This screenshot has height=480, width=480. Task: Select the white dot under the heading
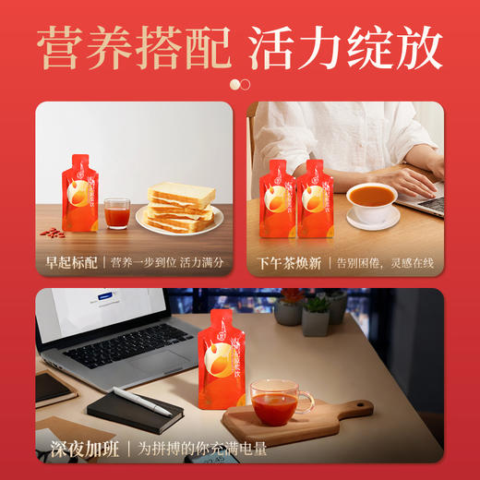pos(235,84)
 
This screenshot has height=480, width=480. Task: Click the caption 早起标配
pos(69,261)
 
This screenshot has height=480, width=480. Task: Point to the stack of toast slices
pos(181,208)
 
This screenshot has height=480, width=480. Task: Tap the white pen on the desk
pos(141,400)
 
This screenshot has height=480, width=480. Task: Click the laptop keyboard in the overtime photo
pos(125,348)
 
